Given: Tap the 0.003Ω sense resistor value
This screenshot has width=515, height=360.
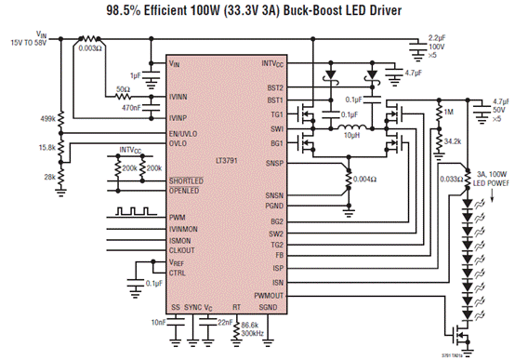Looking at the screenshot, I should [x=91, y=47].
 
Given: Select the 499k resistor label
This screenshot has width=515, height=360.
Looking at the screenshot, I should [x=46, y=119].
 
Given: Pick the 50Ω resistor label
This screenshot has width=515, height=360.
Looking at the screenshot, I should [x=121, y=89].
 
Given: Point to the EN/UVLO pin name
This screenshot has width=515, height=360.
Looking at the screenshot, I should [x=188, y=133].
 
